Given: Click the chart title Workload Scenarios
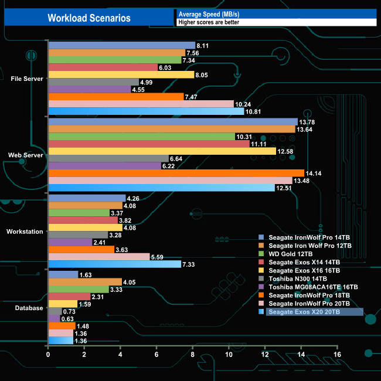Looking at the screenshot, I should point(89,18).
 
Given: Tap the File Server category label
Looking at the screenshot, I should point(26,79).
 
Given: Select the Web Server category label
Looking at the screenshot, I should point(26,155).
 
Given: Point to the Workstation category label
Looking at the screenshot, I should point(25,232).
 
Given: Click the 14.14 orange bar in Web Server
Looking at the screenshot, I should point(176,173).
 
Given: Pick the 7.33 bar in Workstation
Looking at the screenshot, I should point(114,264).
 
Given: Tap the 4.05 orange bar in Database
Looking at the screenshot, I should point(85,282).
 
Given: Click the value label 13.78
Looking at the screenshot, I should point(307,122).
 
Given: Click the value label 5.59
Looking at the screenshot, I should point(159,257).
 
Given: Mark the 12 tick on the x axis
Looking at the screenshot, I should point(265,355).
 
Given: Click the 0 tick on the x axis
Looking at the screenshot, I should point(48,355).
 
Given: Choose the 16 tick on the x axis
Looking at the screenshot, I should point(337,355).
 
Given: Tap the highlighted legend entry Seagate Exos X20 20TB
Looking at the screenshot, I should point(305,312).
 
